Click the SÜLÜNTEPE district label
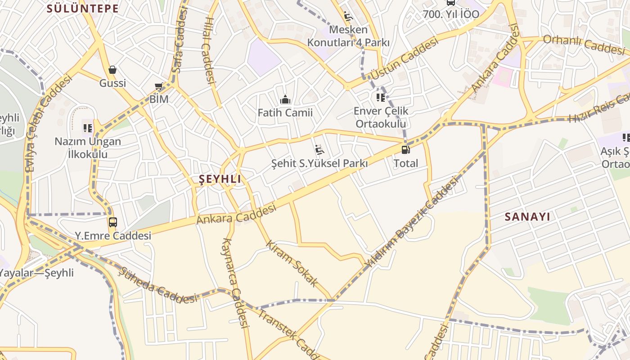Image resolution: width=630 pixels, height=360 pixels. [83, 9]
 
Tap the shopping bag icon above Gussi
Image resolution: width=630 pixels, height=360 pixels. [112, 70]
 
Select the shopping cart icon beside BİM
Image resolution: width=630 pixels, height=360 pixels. [158, 86]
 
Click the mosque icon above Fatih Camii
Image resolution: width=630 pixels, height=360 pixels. [285, 99]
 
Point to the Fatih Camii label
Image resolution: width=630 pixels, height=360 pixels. [285, 112]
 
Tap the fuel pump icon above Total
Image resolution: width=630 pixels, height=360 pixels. [405, 150]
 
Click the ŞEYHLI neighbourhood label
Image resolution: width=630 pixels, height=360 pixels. [220, 179]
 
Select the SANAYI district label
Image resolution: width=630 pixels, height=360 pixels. [527, 216]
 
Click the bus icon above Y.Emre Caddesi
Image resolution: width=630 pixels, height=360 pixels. [112, 222]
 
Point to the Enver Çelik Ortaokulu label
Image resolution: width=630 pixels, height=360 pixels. [381, 117]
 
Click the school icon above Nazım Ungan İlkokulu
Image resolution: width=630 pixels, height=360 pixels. [88, 128]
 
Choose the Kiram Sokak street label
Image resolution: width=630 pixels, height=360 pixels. [292, 264]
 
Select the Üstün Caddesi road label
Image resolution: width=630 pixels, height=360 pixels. [404, 59]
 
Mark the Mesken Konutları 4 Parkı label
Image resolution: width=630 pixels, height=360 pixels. [348, 36]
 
